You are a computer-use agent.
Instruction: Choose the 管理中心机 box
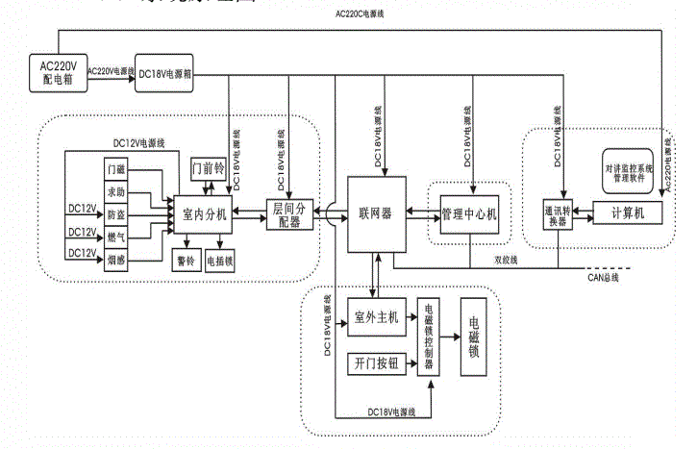tap(468, 213)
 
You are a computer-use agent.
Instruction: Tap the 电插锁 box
tap(220, 260)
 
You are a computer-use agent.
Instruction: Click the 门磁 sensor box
tap(116, 170)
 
